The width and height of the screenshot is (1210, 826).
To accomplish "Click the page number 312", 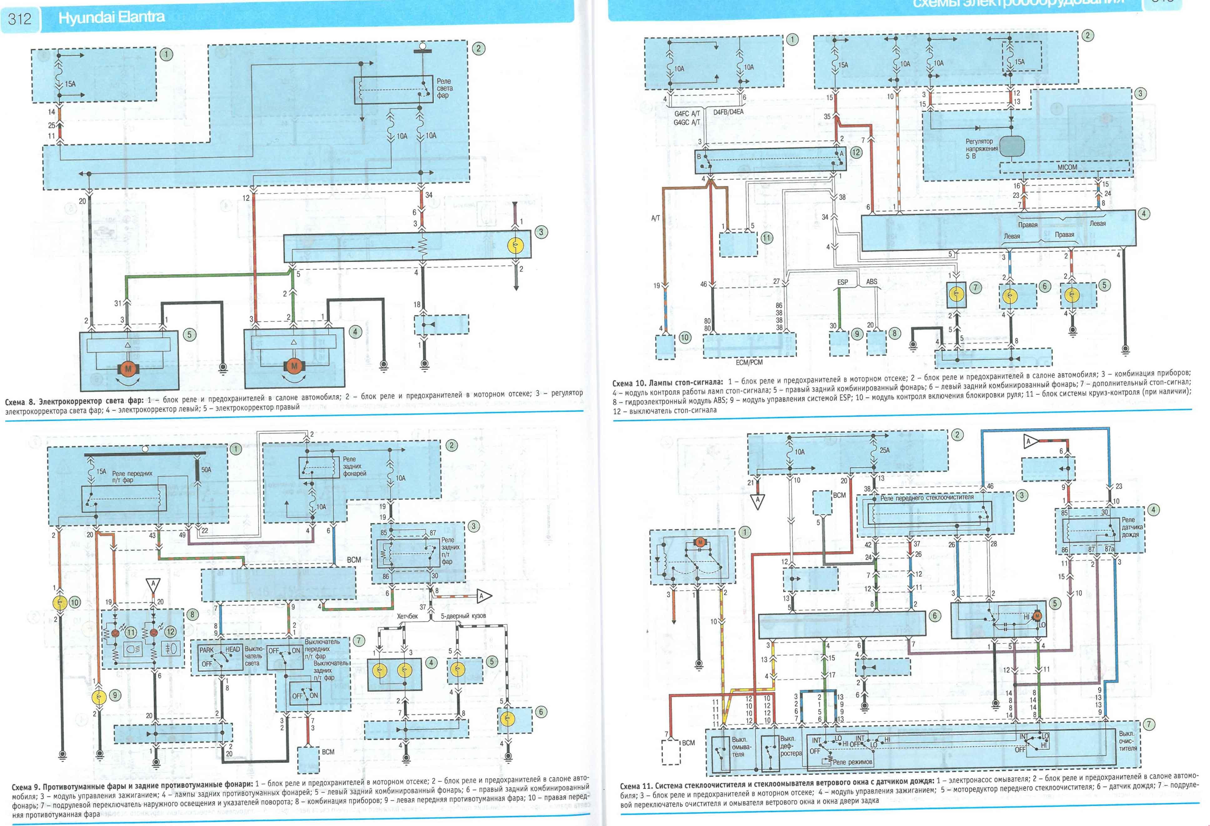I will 20,19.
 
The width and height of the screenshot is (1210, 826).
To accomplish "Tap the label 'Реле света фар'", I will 444,88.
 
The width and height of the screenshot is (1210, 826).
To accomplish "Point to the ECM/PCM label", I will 749,362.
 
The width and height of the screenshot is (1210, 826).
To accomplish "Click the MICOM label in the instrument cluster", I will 1067,167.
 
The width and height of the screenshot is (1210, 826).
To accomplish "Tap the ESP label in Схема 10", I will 842,282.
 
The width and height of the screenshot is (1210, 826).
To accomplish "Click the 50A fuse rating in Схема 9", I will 206,469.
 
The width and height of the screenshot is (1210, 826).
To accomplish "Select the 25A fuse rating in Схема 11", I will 885,450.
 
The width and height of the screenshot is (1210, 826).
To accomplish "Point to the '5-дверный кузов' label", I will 463,616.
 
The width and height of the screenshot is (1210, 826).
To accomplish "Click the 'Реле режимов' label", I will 852,762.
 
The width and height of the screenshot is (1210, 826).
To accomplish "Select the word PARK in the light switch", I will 207,650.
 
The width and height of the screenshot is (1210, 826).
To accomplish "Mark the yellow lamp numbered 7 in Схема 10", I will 956,295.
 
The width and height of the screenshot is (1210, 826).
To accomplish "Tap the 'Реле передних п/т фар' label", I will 132,477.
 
